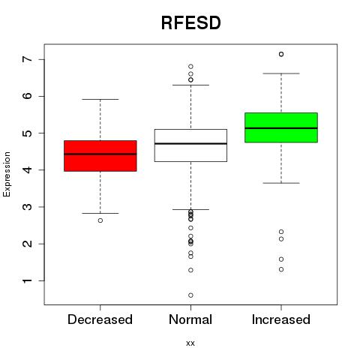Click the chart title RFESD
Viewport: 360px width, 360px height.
(191, 23)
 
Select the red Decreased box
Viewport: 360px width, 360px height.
(100, 156)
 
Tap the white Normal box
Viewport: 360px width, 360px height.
(190, 145)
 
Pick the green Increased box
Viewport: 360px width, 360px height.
(281, 127)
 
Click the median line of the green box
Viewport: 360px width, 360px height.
(281, 128)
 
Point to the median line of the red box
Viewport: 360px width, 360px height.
(100, 154)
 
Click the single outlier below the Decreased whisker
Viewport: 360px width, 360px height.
(100, 220)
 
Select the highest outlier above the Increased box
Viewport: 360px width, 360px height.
(281, 54)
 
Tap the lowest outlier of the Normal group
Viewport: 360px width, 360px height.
(190, 295)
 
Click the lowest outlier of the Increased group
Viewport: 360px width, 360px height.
(281, 269)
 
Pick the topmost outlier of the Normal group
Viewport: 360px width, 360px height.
(190, 67)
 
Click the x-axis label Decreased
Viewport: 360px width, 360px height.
(100, 319)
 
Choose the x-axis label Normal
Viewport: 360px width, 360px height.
(190, 319)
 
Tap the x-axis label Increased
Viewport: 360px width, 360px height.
(281, 319)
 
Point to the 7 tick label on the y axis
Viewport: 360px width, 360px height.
(28, 59)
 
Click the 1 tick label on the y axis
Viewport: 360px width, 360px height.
(28, 280)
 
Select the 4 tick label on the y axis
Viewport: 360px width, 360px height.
(28, 170)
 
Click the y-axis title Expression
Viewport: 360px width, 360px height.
(7, 174)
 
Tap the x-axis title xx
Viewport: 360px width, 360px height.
(190, 343)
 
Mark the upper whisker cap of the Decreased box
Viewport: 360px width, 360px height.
(100, 99)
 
